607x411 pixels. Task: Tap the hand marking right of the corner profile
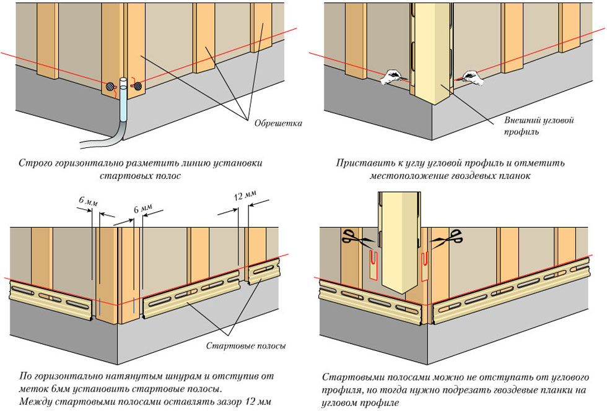click(x=471, y=77)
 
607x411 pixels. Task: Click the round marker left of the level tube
click(x=111, y=87)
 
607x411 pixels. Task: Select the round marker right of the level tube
click(x=138, y=86)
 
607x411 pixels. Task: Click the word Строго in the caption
click(x=35, y=164)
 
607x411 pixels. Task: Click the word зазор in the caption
click(x=215, y=402)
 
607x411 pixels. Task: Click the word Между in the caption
click(x=35, y=402)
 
